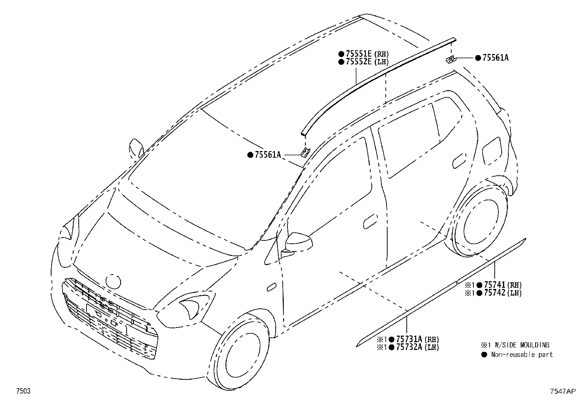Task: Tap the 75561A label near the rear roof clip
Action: tap(495, 58)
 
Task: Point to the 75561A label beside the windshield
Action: tap(268, 155)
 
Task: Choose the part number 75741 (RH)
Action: tap(502, 285)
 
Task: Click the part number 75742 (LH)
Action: tap(502, 293)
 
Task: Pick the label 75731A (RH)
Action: tap(417, 339)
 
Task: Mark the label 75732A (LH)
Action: tap(417, 347)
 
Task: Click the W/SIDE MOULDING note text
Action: tap(522, 345)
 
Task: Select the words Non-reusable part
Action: tap(522, 355)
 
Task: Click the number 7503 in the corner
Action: tap(23, 391)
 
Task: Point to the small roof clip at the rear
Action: tap(451, 59)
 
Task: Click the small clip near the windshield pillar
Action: tap(305, 153)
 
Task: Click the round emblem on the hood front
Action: tap(113, 282)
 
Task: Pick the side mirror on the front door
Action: tap(299, 242)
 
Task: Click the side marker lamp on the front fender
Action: tap(271, 287)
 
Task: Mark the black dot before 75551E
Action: tap(341, 54)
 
